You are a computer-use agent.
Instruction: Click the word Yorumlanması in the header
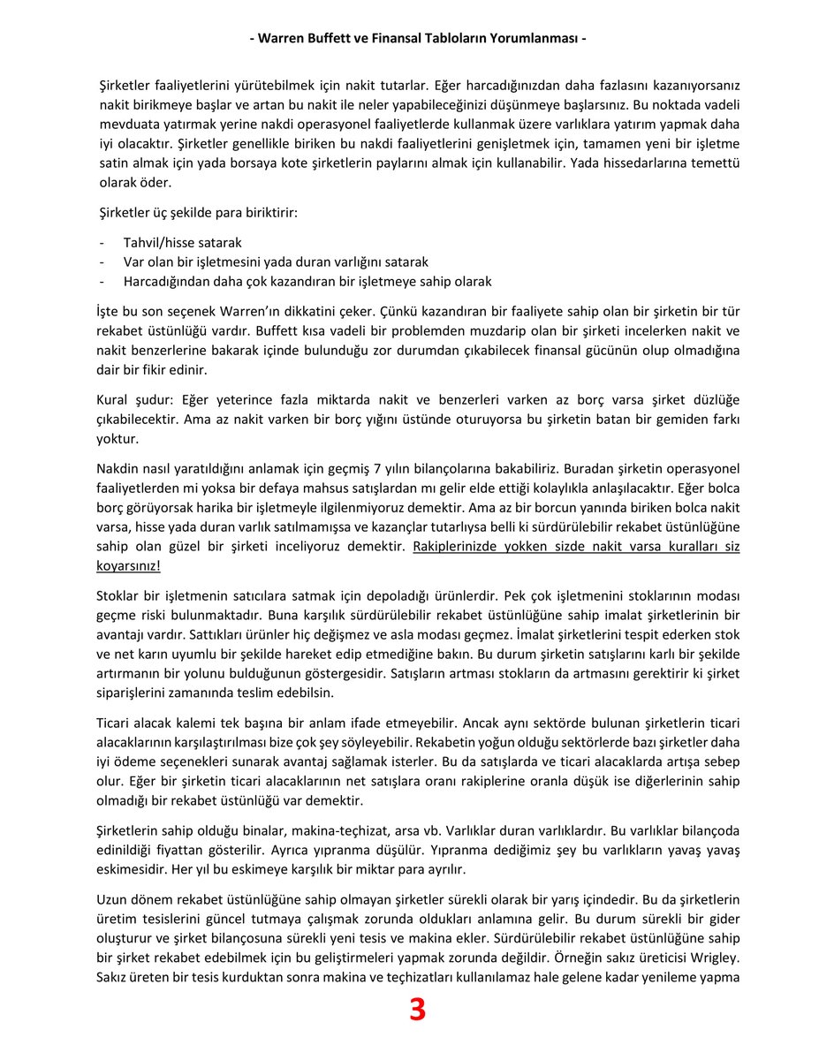pos(530,39)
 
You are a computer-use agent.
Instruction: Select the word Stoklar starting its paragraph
pos(118,594)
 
